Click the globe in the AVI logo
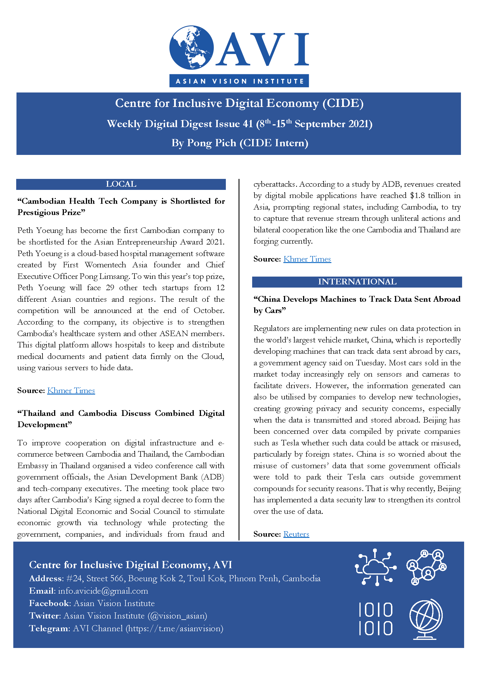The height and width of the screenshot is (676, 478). point(191,47)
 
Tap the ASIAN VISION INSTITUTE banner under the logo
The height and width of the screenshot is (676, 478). point(239,81)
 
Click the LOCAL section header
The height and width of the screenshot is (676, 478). point(121,184)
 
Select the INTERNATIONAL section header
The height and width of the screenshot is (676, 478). point(357,282)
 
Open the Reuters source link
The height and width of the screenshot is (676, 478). point(296,534)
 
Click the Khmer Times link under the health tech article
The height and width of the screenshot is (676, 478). point(71,390)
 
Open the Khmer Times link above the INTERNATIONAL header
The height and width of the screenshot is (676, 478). point(307,259)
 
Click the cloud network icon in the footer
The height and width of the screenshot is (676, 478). point(376,566)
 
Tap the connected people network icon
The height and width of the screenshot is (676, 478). point(426,566)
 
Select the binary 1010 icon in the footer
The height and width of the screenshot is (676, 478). point(376,619)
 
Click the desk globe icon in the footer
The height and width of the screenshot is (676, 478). point(426,619)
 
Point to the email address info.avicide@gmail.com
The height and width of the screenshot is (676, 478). point(103,591)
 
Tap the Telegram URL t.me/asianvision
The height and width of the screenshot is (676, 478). point(175,628)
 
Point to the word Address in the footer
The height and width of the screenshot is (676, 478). point(46,579)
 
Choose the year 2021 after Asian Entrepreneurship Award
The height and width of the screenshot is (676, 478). point(215,242)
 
